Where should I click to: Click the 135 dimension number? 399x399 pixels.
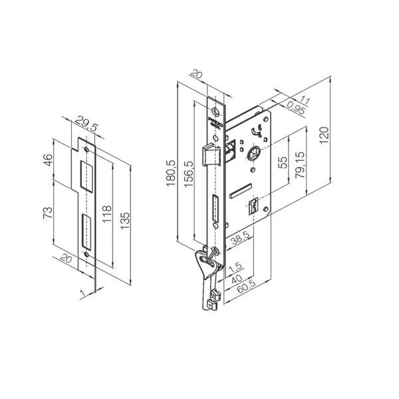[126, 217]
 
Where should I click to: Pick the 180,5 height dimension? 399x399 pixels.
[170, 175]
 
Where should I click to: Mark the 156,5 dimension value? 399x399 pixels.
[188, 175]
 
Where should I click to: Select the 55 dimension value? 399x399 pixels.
[281, 162]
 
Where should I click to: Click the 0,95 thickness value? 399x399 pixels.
[297, 106]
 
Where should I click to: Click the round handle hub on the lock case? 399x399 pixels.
[253, 154]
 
